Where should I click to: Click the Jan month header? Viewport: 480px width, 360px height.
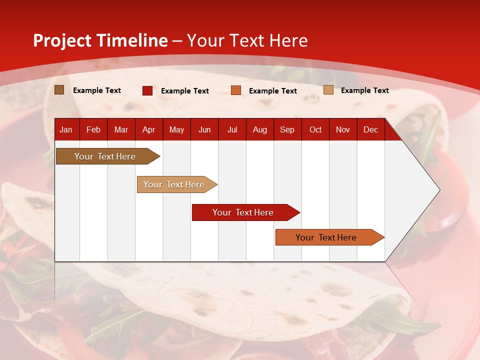click(x=66, y=129)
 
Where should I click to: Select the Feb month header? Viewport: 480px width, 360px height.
click(x=93, y=129)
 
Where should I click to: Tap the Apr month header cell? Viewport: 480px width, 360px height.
click(x=148, y=129)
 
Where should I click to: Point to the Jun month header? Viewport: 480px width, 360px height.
click(x=204, y=129)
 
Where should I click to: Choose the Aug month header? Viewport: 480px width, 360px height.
click(x=260, y=129)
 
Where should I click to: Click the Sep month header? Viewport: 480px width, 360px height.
click(x=287, y=129)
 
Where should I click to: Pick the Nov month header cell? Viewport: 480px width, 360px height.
click(x=343, y=129)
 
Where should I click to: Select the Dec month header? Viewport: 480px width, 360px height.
click(x=370, y=129)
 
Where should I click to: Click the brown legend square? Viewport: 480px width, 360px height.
click(x=59, y=90)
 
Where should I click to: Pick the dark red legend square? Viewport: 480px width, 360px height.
click(x=147, y=90)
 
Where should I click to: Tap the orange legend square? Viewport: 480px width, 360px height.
click(x=236, y=90)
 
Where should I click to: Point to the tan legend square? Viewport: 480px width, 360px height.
click(x=328, y=90)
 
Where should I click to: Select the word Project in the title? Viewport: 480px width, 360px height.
click(x=62, y=40)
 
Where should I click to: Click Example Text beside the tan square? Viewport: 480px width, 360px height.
click(x=364, y=90)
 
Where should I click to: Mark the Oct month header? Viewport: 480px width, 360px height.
click(x=315, y=129)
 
